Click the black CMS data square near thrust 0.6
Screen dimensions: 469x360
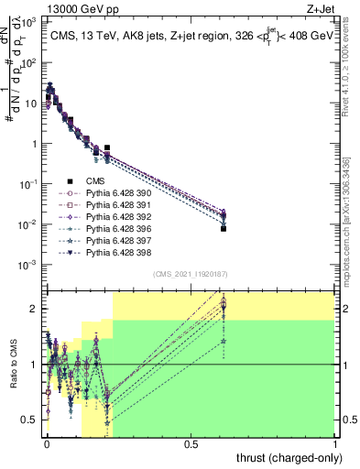point(224,229)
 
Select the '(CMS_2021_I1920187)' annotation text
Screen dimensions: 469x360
point(190,275)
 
